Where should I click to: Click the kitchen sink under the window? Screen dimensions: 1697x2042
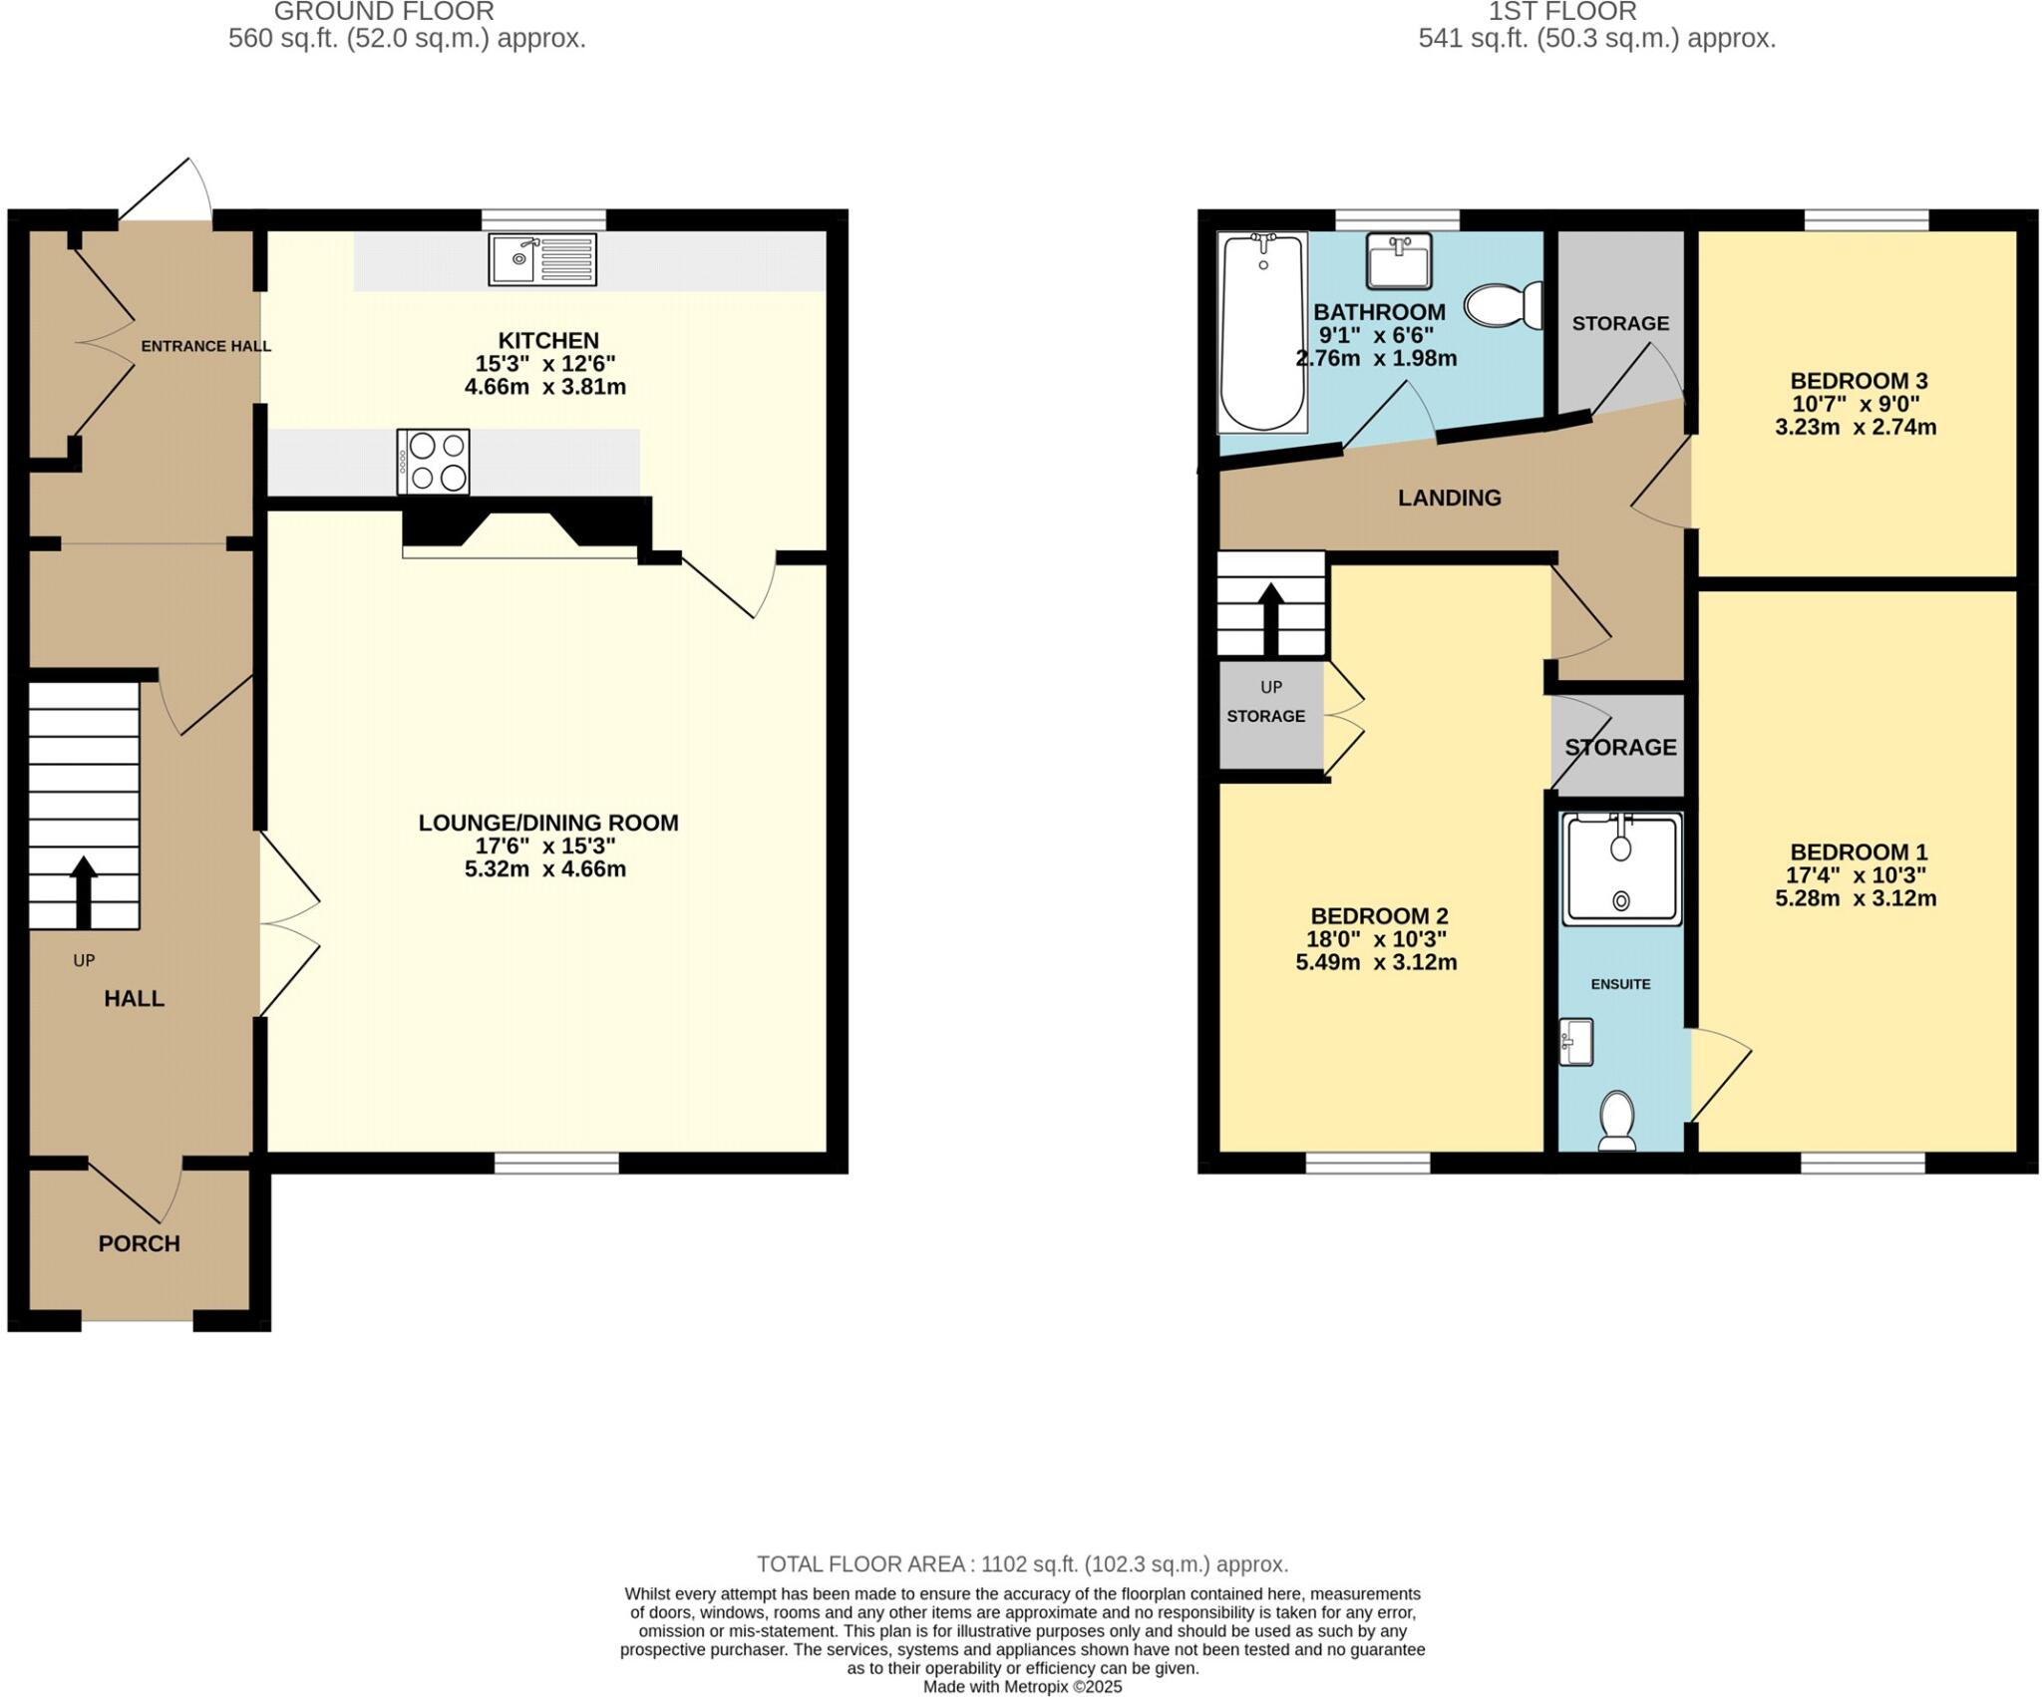[542, 259]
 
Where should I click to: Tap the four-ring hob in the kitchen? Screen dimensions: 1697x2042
[433, 462]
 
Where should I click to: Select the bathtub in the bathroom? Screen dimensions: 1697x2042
[1262, 332]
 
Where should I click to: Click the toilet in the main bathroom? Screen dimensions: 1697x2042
[1504, 305]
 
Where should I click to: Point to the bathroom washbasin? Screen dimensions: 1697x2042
[1399, 261]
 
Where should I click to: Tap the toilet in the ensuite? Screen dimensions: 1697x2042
[1616, 1119]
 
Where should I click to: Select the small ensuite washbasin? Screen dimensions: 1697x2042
[1576, 1043]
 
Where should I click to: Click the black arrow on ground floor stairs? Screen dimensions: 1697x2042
[83, 891]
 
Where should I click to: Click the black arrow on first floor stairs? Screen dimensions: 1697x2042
[1270, 617]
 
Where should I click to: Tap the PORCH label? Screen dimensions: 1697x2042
[139, 1243]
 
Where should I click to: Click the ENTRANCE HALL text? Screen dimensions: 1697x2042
[205, 346]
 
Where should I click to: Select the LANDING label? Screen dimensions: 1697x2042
[1449, 498]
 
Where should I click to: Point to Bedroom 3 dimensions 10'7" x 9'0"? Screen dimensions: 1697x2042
[1856, 404]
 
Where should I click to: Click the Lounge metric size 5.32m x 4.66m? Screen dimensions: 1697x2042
[544, 868]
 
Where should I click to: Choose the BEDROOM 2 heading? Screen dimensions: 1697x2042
[1379, 915]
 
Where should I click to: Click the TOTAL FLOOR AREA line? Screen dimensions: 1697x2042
[1022, 1563]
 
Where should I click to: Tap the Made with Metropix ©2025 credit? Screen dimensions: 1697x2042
[1022, 1687]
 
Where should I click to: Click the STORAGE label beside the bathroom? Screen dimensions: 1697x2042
[1620, 323]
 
